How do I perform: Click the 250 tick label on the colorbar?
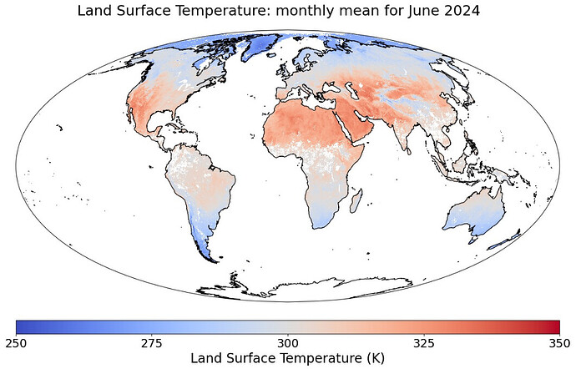click(x=17, y=342)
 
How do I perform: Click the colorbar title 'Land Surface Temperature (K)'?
click(x=288, y=358)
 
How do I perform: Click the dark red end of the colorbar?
click(x=554, y=326)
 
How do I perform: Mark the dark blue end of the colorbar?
click(x=21, y=326)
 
